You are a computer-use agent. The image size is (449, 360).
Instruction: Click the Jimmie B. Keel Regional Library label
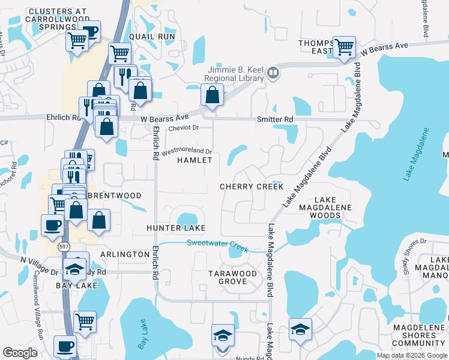(234, 74)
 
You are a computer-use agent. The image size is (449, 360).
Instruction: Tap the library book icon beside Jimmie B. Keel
(273, 73)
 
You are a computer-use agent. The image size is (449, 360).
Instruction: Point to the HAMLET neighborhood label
(194, 161)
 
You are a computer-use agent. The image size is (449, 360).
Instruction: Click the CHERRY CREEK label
(251, 187)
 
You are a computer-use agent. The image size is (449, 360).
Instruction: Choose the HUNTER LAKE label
(176, 228)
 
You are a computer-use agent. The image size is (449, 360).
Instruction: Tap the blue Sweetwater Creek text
(217, 243)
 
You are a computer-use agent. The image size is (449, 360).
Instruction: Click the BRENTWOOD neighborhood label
(114, 196)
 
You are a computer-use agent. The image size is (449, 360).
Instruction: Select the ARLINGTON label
(125, 254)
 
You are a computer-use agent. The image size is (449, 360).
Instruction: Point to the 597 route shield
(63, 247)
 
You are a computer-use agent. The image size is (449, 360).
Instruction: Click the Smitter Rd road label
(274, 120)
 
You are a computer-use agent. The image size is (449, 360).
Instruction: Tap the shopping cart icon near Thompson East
(344, 47)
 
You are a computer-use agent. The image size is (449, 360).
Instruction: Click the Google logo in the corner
(20, 353)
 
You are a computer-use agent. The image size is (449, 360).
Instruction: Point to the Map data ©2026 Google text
(412, 355)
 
